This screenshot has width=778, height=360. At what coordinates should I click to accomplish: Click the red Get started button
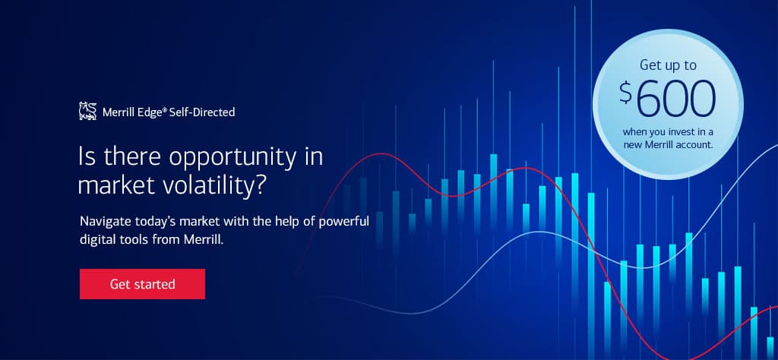point(142,284)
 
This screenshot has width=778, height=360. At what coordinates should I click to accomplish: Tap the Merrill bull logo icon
point(88,111)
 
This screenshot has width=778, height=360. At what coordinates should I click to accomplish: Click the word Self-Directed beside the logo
point(202,112)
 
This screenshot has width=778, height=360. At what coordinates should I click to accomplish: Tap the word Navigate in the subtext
point(101,221)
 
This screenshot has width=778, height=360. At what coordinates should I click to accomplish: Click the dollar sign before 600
point(626,93)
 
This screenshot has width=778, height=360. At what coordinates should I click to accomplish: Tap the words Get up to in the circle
point(668,65)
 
